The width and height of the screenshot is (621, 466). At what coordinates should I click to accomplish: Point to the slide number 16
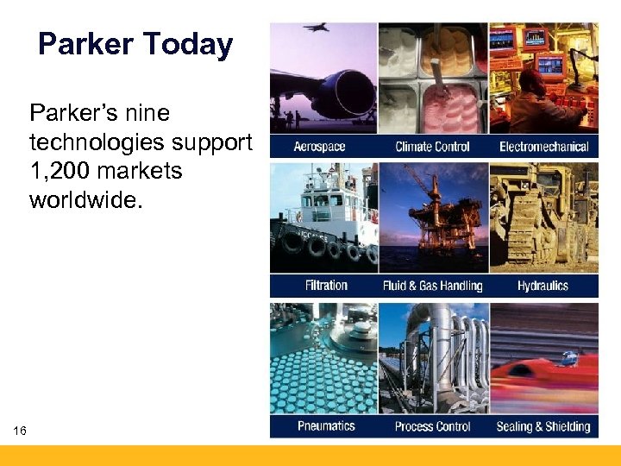[x=20, y=430]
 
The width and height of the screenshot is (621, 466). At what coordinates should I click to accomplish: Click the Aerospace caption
[x=319, y=147]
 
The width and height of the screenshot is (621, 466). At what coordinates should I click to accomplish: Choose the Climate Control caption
[x=432, y=147]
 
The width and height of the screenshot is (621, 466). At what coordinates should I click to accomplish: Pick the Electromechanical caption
[x=543, y=147]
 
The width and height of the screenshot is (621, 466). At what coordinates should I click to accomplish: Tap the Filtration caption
[x=326, y=286]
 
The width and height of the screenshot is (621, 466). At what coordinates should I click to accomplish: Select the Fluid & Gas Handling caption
[x=432, y=286]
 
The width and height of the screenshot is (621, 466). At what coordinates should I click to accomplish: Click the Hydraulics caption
[x=543, y=286]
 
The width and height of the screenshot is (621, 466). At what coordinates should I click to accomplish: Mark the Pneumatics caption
[x=326, y=426]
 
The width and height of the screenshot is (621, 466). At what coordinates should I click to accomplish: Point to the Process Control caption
[x=432, y=426]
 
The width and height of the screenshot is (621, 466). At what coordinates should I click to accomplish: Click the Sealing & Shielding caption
[x=543, y=426]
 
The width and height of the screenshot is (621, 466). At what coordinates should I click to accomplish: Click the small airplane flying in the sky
[x=315, y=28]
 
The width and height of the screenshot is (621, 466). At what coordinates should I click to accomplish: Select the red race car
[x=543, y=380]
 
